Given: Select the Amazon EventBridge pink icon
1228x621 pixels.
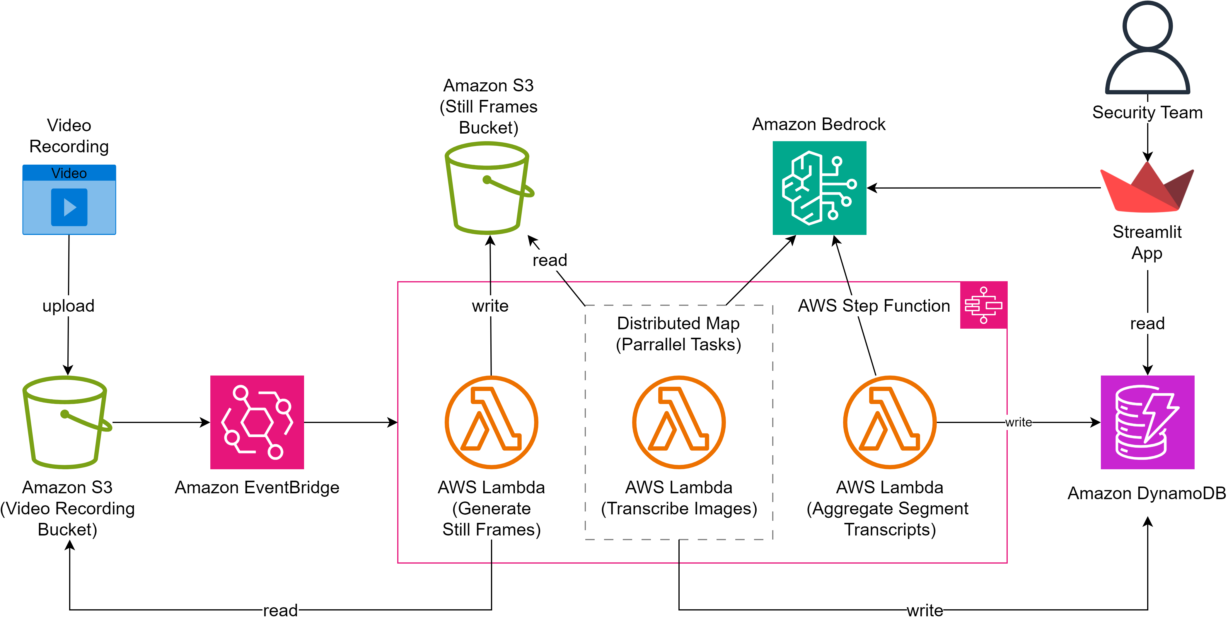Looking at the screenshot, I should [x=257, y=422].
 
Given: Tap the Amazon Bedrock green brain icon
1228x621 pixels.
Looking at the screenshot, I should [x=819, y=188].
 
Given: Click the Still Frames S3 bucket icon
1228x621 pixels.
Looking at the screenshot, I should [x=488, y=188].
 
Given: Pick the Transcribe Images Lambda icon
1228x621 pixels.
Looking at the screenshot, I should [x=678, y=422].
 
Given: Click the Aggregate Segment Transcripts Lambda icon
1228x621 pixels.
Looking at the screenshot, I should [x=890, y=422].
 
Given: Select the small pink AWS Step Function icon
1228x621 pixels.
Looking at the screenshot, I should [x=983, y=305].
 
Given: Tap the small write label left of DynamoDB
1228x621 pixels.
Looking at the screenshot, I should [x=1018, y=422].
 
